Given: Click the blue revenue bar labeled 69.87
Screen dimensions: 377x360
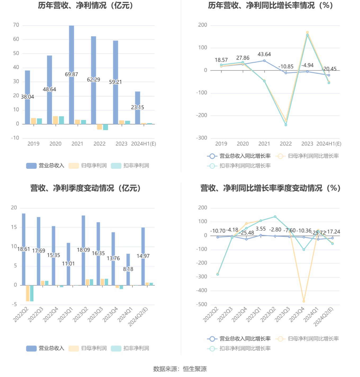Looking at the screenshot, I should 71,53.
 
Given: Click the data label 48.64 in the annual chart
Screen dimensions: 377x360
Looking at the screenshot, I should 49,89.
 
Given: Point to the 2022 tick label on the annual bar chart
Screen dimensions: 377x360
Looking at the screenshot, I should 100,144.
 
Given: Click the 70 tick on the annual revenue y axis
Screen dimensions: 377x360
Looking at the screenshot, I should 16,25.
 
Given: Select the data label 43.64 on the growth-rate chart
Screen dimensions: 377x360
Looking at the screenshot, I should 264,54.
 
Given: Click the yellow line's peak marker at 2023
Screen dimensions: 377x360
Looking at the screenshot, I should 307,32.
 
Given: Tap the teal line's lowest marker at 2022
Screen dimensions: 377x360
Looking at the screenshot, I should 286,125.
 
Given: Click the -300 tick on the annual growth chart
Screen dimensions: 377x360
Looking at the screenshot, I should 201,138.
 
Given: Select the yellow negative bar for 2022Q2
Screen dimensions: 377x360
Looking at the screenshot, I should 28,293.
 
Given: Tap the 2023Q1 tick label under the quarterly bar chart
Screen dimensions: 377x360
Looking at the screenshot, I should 65,315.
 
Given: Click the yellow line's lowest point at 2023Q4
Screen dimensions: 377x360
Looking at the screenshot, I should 304,301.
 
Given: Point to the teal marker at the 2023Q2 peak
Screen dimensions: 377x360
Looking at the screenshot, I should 275,217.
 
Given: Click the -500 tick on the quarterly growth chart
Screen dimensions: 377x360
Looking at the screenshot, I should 201,304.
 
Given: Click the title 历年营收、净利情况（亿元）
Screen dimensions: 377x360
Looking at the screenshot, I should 85,5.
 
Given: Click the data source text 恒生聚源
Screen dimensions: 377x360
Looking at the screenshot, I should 195,369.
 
